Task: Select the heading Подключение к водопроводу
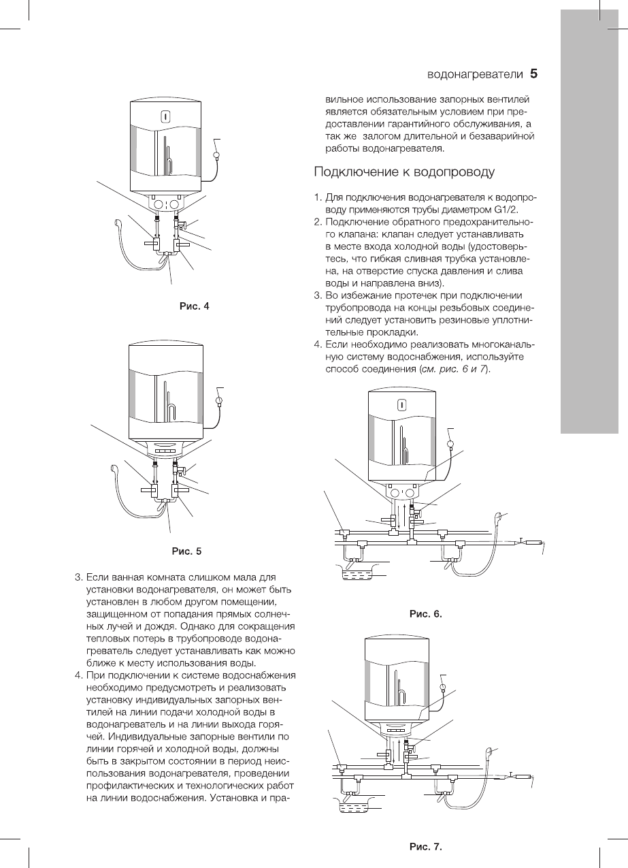(x=403, y=171)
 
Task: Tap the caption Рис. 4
(x=194, y=306)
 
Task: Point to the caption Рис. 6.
(x=425, y=613)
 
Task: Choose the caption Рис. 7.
(x=425, y=848)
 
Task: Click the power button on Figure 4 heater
(x=165, y=116)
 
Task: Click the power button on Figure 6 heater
(x=403, y=405)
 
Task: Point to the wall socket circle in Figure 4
(x=217, y=155)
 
